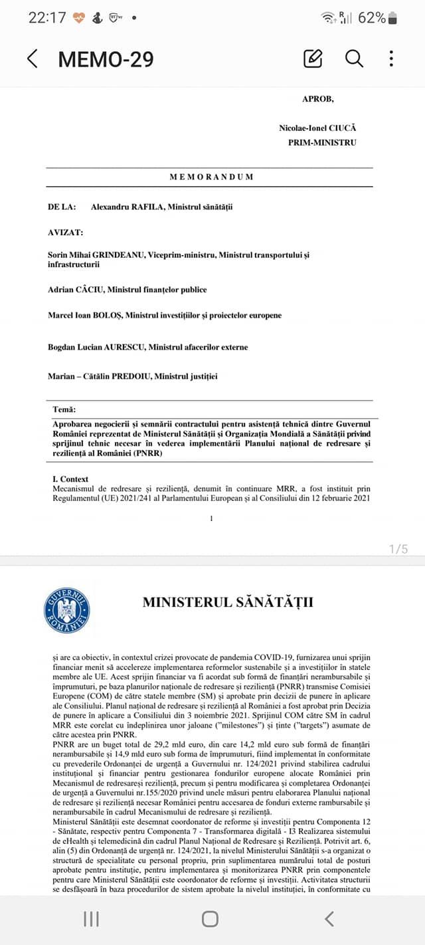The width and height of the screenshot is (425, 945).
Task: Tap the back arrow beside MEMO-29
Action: (x=32, y=58)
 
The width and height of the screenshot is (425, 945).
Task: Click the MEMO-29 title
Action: (x=106, y=59)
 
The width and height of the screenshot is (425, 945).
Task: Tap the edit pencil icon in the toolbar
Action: (x=313, y=58)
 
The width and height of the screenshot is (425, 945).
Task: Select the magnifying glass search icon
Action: (x=354, y=58)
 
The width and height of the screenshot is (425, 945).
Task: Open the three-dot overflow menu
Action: (x=392, y=58)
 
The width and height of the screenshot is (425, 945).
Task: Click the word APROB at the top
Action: (x=318, y=99)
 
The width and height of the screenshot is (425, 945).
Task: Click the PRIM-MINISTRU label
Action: (x=322, y=142)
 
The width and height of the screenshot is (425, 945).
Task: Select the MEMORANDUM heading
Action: (x=211, y=177)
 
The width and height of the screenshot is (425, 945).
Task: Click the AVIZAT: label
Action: (x=65, y=232)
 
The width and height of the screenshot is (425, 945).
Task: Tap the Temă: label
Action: (x=64, y=409)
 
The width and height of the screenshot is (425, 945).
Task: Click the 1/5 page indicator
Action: (x=398, y=549)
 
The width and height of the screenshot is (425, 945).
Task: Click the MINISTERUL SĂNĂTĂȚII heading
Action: (x=228, y=603)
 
